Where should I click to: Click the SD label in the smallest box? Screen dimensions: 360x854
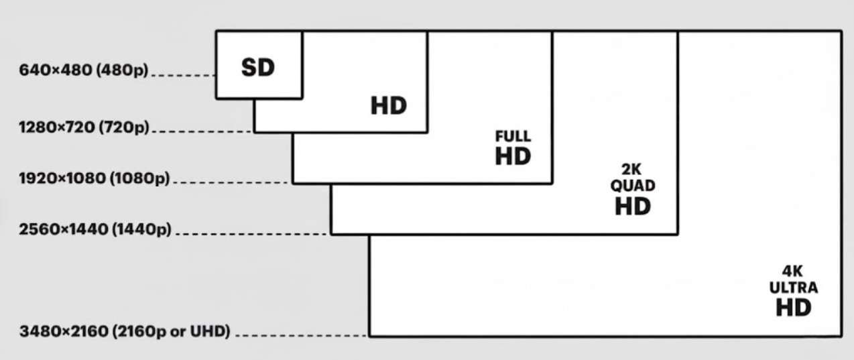258,68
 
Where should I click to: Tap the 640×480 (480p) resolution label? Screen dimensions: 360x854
84,70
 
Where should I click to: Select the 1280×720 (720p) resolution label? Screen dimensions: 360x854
84,127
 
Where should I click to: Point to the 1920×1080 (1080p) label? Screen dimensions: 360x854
95,178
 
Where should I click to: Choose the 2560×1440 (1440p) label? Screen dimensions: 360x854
95,230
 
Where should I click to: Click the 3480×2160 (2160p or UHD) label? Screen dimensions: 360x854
125,331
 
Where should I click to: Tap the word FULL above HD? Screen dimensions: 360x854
513,136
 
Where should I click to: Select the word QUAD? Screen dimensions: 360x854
633,186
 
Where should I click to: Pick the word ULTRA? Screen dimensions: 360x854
794,288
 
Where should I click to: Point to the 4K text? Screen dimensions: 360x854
794,272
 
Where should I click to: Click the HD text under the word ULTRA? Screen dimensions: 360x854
794,308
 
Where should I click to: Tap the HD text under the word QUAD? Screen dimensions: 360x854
633,206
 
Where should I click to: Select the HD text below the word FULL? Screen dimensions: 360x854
513,156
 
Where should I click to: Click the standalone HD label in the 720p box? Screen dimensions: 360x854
389,106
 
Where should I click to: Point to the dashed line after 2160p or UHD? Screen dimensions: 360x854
302,335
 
